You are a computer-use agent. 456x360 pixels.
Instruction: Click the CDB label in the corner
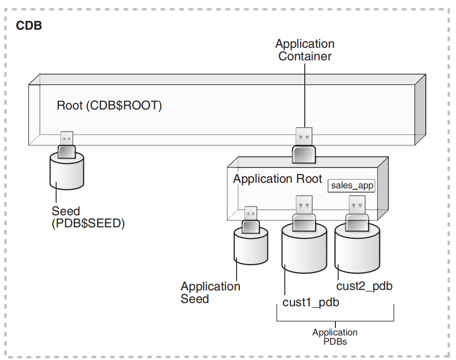[x=29, y=26]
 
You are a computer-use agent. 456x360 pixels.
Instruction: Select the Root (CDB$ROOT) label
[x=109, y=105]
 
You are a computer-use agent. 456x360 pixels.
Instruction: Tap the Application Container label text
[x=305, y=50]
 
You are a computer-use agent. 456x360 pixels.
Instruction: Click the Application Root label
[x=277, y=179]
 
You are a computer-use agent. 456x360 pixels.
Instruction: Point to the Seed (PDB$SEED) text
[x=88, y=217]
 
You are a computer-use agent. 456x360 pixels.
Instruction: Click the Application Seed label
[x=211, y=293]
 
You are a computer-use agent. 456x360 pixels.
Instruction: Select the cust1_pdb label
[x=311, y=302]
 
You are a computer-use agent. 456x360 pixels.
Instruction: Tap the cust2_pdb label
[x=365, y=286]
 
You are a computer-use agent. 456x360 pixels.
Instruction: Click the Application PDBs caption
[x=334, y=337]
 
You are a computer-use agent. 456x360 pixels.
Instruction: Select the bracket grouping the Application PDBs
[x=335, y=320]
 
